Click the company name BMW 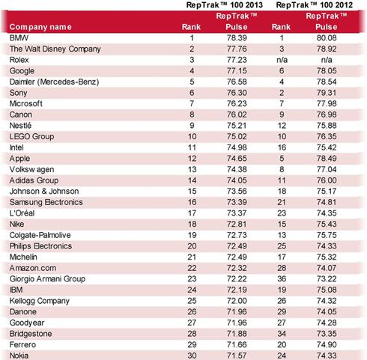click(x=19, y=38)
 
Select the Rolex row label click(x=19, y=60)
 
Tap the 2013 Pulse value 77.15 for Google click(x=237, y=71)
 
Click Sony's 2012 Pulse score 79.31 click(x=327, y=93)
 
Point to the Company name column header click(x=40, y=27)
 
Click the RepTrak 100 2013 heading click(x=225, y=5)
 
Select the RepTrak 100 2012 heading click(x=315, y=5)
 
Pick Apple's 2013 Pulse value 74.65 click(x=237, y=159)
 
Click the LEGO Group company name click(x=31, y=137)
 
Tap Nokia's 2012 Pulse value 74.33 click(x=327, y=356)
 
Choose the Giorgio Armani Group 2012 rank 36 click(x=282, y=279)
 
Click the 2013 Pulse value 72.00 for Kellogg click(x=237, y=301)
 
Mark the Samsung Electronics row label click(x=46, y=202)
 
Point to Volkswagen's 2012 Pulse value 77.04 click(x=327, y=169)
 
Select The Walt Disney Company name click(x=55, y=49)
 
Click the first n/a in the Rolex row click(x=282, y=60)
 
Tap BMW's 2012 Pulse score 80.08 click(x=327, y=38)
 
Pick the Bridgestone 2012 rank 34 click(x=282, y=334)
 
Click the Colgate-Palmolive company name click(x=40, y=235)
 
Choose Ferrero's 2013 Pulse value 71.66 click(x=237, y=345)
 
